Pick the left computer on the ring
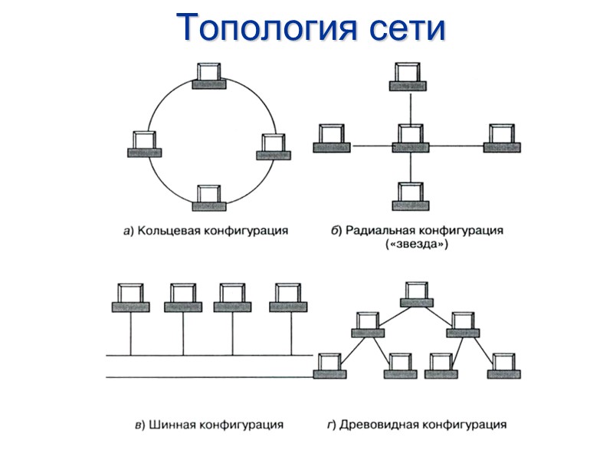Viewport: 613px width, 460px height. [143, 143]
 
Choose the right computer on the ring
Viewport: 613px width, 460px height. [272, 146]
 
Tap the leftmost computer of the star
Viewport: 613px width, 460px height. [333, 138]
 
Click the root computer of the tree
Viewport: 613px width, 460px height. [417, 294]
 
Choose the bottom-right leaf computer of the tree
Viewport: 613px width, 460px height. [503, 366]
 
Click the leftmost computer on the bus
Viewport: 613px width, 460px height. [131, 297]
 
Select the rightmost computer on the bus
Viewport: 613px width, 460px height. [287, 297]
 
